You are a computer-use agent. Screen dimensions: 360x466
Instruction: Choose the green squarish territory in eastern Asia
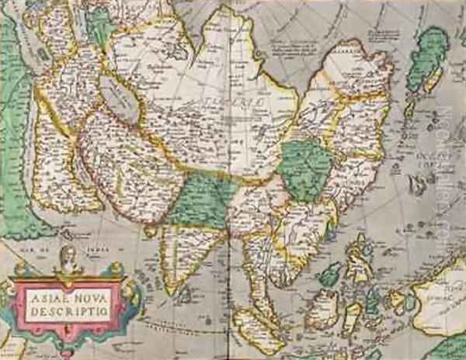[306, 167]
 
